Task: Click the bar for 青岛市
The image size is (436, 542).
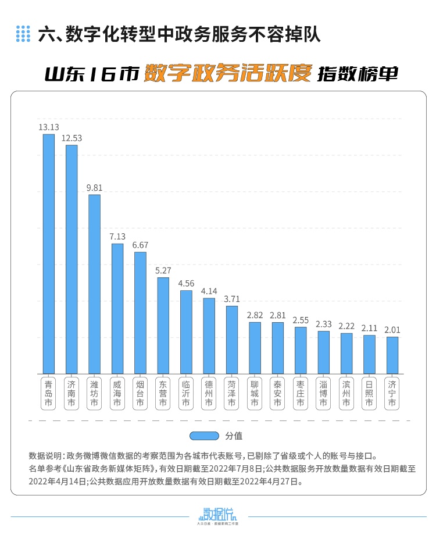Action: click(48, 254)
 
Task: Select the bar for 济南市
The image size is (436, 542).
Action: click(72, 259)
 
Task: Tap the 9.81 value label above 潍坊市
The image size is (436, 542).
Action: click(94, 187)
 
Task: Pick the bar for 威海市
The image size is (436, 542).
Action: click(117, 309)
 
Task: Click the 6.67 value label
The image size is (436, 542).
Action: click(140, 245)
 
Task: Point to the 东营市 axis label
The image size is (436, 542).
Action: click(163, 393)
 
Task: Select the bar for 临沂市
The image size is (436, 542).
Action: click(186, 332)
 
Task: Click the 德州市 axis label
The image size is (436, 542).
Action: click(209, 393)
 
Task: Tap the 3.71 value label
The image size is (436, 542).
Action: click(231, 298)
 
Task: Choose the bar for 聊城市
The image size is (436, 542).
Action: click(255, 348)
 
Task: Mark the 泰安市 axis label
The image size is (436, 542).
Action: click(277, 393)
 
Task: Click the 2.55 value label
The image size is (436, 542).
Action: click(301, 319)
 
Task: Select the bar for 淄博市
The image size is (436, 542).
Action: click(323, 352)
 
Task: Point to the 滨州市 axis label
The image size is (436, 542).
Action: click(346, 393)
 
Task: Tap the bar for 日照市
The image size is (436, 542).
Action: click(369, 354)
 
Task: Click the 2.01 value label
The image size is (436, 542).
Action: click(392, 329)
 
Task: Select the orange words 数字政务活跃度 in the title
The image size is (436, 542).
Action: click(228, 73)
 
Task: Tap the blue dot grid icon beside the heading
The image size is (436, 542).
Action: click(23, 34)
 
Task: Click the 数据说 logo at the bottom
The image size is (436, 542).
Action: click(218, 515)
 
